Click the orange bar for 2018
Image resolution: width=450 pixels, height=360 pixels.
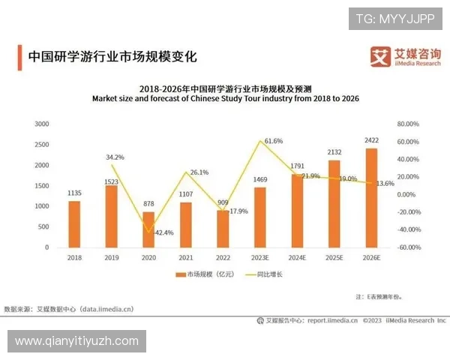tap(74, 223)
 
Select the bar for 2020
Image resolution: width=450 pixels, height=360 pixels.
tap(148, 229)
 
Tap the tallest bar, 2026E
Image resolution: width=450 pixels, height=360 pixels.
tap(371, 197)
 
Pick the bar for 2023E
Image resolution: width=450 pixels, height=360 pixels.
tap(260, 217)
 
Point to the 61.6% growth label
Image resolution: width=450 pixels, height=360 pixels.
tap(274, 141)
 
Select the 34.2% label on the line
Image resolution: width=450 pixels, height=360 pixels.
tap(115, 157)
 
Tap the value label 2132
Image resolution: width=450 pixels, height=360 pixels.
tap(334, 152)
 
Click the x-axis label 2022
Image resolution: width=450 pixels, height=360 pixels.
tap(223, 256)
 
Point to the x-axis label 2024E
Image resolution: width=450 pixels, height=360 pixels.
tap(297, 256)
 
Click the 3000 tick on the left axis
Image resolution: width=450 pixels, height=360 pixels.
tap(42, 124)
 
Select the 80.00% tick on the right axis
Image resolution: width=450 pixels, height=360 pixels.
tap(407, 124)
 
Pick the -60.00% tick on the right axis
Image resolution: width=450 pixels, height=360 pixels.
tap(407, 247)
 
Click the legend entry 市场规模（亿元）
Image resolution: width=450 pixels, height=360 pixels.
tap(204, 274)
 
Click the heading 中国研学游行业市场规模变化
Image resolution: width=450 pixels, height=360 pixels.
tap(112, 56)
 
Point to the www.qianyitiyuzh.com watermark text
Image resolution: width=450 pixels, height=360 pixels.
tap(76, 341)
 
